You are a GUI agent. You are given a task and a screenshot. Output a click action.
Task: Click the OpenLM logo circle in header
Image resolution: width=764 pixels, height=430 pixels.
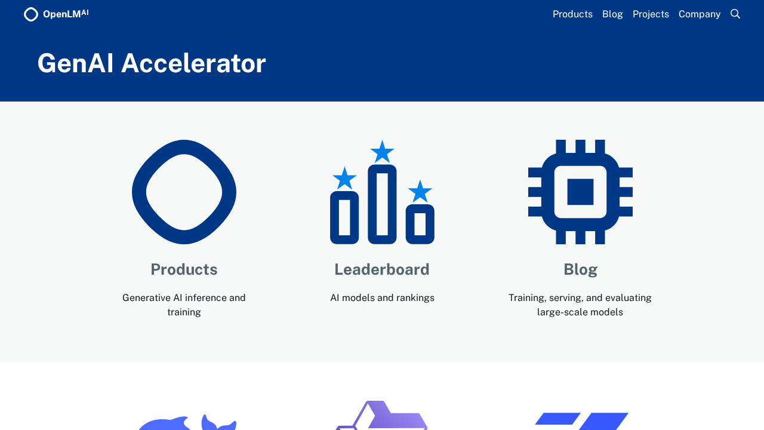[31, 14]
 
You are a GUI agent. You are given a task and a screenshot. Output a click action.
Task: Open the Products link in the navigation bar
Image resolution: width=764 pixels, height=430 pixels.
[572, 14]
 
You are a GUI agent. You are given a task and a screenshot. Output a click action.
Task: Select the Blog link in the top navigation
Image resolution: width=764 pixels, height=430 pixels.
[612, 14]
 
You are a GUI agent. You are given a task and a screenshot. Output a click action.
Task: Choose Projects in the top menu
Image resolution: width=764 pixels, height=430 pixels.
[651, 14]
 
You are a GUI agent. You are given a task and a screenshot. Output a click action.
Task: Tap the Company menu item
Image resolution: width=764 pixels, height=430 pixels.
[699, 14]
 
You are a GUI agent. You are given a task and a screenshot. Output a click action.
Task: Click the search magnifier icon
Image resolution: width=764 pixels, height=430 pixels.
[735, 14]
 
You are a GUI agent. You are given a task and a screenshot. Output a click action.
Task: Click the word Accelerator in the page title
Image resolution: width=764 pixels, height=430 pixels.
[193, 63]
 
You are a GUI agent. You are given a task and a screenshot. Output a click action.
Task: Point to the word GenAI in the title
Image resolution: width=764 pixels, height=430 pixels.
[75, 63]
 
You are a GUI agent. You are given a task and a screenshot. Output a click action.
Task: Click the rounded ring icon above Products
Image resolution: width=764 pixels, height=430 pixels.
[184, 192]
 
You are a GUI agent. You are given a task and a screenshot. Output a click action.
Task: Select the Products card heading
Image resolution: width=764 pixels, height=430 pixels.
[184, 269]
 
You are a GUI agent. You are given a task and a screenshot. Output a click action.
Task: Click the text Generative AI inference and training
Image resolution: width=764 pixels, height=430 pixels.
[184, 305]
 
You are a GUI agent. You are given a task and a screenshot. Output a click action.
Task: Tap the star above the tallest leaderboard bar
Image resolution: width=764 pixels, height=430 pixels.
[382, 152]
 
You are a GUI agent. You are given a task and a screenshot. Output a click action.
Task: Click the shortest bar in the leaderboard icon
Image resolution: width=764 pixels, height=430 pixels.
[420, 224]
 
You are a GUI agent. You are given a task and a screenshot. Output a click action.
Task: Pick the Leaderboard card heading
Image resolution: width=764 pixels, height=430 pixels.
[382, 269]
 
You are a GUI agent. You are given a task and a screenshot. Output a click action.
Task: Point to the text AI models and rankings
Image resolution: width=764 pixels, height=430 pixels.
[382, 297]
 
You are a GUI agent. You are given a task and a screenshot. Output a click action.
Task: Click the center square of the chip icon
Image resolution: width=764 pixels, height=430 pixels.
[580, 192]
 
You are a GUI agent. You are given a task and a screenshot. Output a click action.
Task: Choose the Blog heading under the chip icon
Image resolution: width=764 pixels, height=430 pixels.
[580, 269]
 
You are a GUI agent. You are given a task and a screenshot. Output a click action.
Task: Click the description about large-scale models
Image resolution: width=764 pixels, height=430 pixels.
[580, 305]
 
